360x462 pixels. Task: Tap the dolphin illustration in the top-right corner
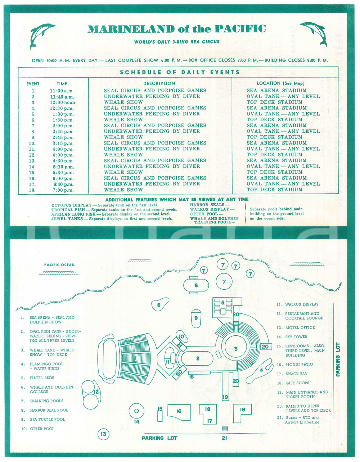[x=314, y=34]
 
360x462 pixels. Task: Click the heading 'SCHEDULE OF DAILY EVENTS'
[x=180, y=72]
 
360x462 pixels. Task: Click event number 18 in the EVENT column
[x=33, y=190]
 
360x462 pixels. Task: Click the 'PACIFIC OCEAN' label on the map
[x=59, y=265]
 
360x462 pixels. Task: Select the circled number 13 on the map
[x=103, y=434]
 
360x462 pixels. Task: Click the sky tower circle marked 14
[x=136, y=411]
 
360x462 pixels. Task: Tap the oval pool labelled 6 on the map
[x=196, y=286]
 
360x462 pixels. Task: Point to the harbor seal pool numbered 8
[x=159, y=305]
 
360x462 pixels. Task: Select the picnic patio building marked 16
[x=179, y=411]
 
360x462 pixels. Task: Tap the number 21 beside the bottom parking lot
[x=224, y=438]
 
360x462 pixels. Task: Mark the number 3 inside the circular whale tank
[x=236, y=349]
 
